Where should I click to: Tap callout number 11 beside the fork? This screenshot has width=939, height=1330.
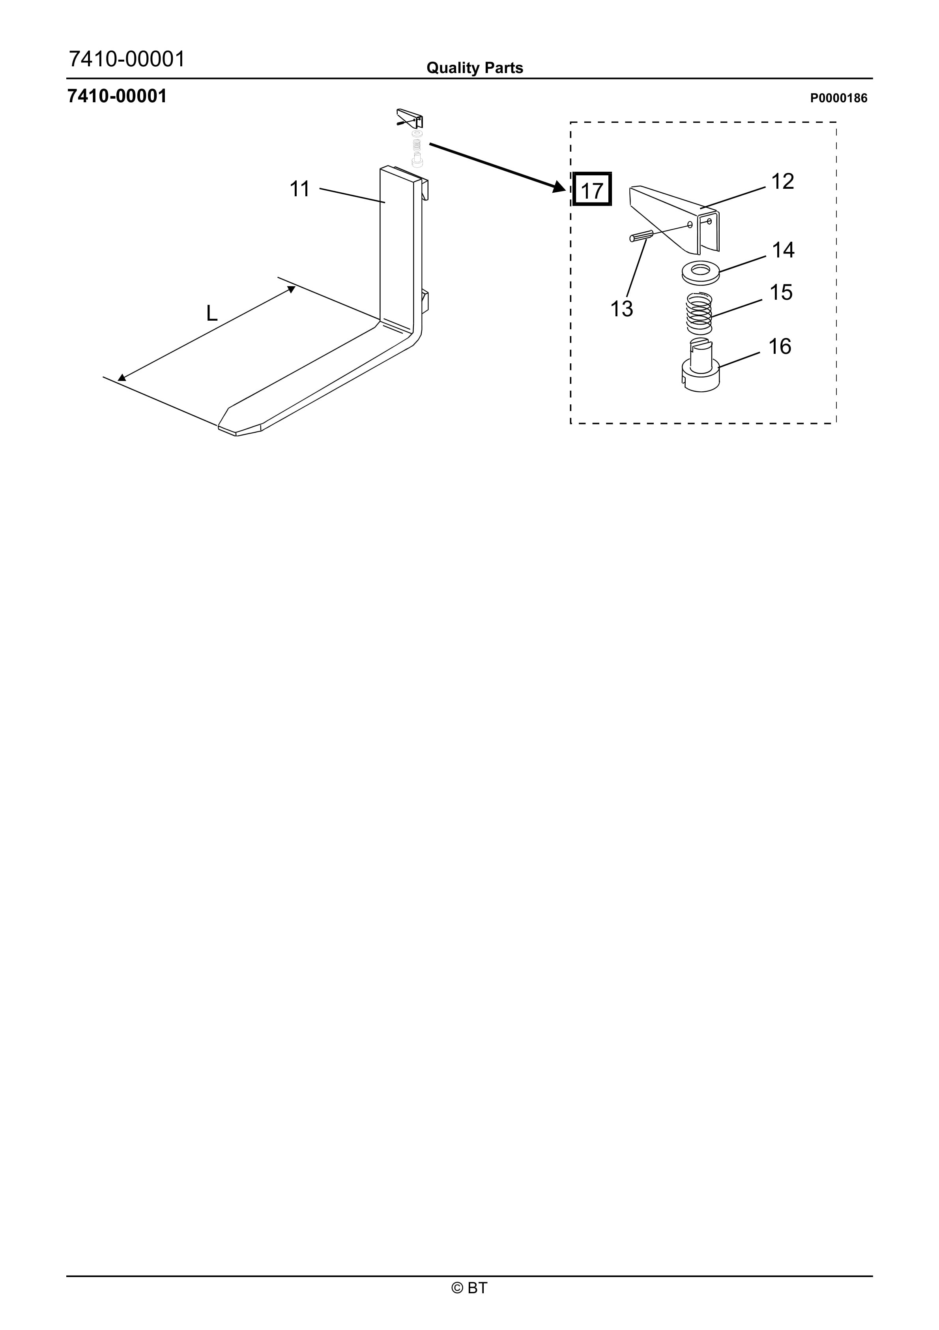299,189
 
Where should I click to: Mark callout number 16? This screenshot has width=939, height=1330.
779,346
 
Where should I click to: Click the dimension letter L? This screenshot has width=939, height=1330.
212,314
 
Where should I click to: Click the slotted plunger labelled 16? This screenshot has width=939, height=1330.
700,366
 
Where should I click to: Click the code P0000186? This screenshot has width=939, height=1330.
838,98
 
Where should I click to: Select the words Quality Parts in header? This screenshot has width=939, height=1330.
475,68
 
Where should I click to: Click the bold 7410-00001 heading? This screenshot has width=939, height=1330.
117,96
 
